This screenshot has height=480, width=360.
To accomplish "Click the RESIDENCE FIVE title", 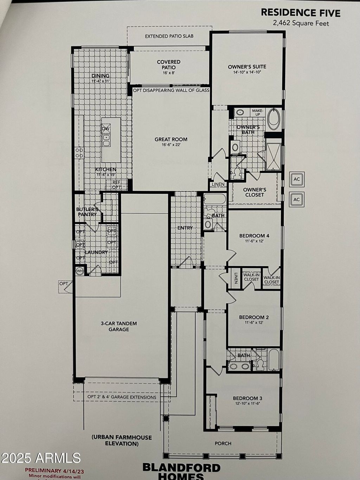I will [x=300, y=13].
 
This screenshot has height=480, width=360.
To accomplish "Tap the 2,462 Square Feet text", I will [x=301, y=23].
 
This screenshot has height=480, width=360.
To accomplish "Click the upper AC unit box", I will [x=297, y=179].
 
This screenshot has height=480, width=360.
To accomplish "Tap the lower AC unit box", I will [x=297, y=199].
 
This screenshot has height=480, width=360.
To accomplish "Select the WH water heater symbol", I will [x=80, y=271].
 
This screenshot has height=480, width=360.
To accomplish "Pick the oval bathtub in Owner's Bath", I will [x=273, y=119].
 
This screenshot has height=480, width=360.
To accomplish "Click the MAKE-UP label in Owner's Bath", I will [x=257, y=113].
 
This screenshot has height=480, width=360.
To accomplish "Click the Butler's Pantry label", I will [x=87, y=212].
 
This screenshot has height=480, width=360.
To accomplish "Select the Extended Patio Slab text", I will [x=169, y=36].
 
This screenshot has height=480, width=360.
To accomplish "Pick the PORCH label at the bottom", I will [x=223, y=443].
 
